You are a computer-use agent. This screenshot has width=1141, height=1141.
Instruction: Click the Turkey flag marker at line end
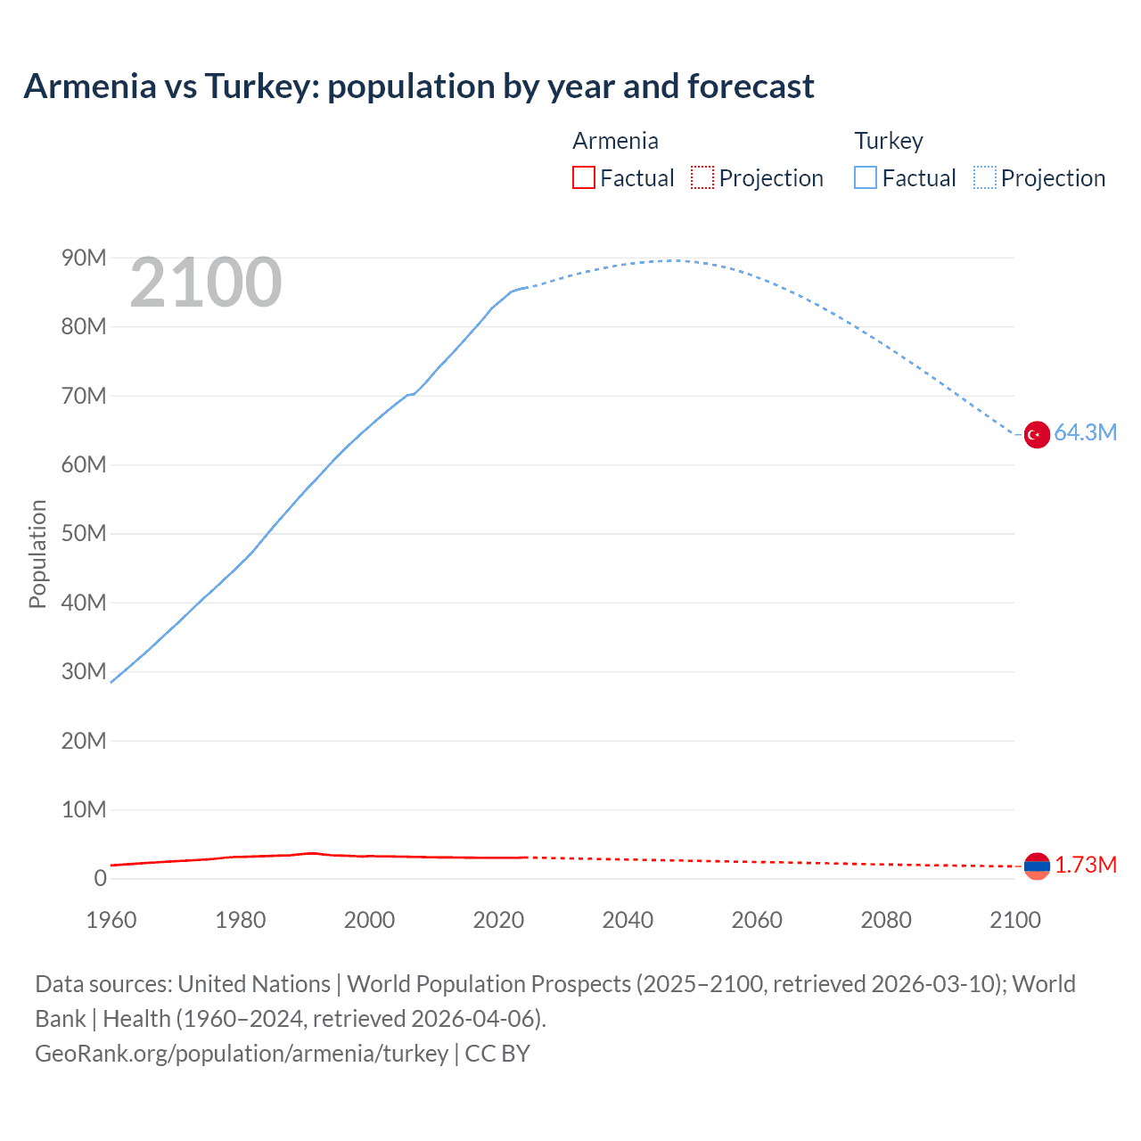tap(1036, 435)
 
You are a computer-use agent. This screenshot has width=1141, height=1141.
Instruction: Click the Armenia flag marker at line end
tap(1037, 866)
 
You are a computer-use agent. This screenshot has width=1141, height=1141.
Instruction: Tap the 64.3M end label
tap(1085, 433)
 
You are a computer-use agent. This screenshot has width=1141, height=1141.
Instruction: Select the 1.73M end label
tap(1086, 866)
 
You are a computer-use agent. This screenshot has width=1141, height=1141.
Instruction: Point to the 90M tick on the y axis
tap(84, 259)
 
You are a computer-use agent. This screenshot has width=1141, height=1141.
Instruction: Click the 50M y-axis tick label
tap(84, 534)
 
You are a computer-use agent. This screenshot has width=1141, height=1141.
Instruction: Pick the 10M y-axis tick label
tap(84, 809)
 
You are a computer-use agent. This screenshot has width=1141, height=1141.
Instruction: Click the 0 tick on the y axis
tap(100, 878)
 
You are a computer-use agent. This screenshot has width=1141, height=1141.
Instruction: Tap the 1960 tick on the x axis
tap(111, 920)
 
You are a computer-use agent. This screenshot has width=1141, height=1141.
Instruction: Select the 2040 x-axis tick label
tap(628, 920)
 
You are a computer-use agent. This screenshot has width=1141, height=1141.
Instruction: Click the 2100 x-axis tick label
tap(1014, 920)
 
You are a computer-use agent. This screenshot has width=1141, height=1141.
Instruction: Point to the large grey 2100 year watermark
tap(206, 283)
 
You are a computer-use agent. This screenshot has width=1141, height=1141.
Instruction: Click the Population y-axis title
tap(37, 554)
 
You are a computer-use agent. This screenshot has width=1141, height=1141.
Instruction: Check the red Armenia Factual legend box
tap(584, 178)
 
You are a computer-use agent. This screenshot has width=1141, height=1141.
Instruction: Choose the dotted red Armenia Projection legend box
tap(702, 178)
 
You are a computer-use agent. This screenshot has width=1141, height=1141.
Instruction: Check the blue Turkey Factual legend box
tap(866, 178)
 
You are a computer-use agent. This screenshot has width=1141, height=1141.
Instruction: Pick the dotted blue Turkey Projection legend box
tap(984, 178)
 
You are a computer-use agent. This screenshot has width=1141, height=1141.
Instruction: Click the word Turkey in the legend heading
tap(889, 141)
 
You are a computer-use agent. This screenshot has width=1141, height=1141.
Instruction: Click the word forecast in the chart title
tap(751, 86)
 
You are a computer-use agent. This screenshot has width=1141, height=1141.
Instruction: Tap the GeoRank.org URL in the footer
tap(242, 1054)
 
